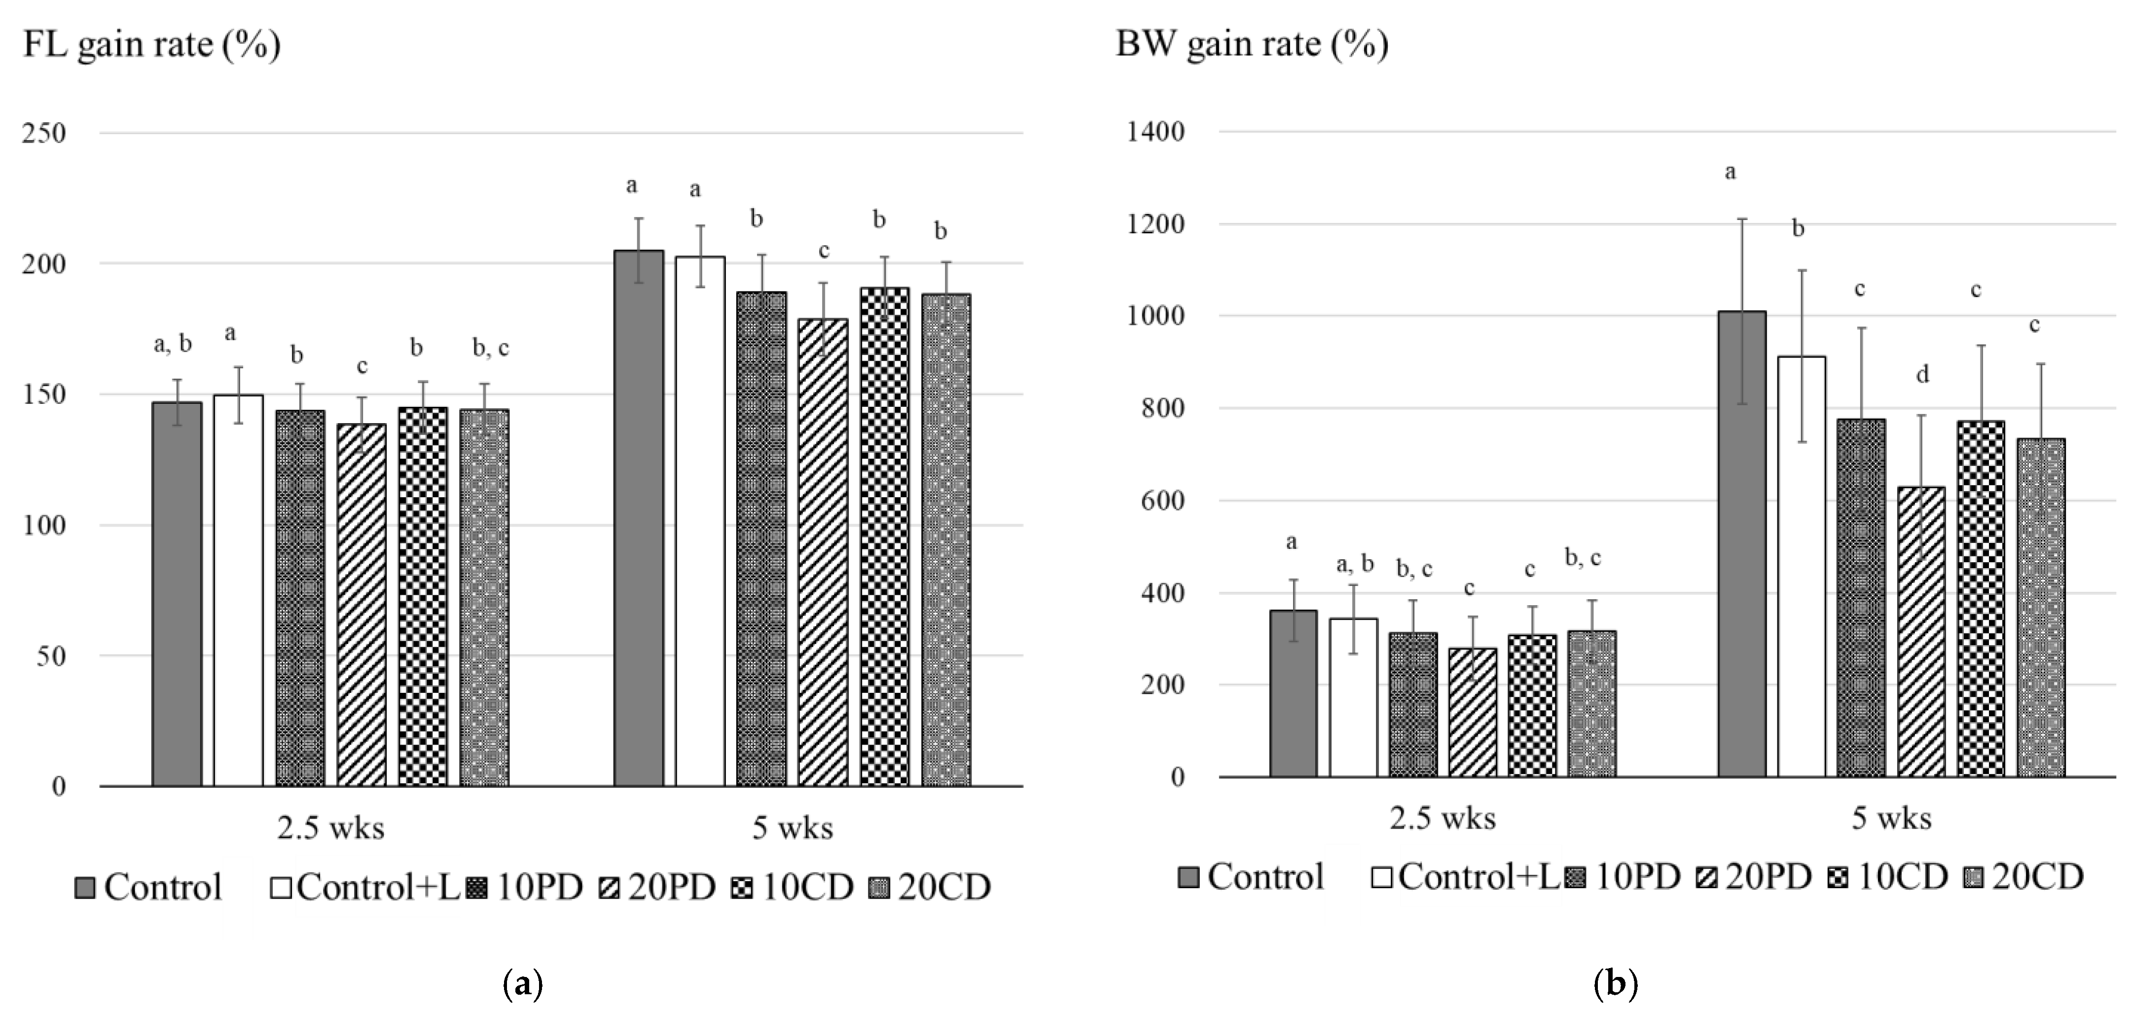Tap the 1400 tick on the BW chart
click(x=1155, y=132)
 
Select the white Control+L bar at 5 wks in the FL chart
click(x=699, y=521)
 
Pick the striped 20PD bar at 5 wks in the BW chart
click(x=1921, y=632)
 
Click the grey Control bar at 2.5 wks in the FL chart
click(x=177, y=594)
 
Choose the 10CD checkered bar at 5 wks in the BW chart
click(x=1981, y=599)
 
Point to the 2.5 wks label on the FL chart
click(x=331, y=828)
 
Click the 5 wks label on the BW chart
click(x=1891, y=818)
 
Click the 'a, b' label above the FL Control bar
click(x=173, y=344)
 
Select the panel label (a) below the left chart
click(x=523, y=984)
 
